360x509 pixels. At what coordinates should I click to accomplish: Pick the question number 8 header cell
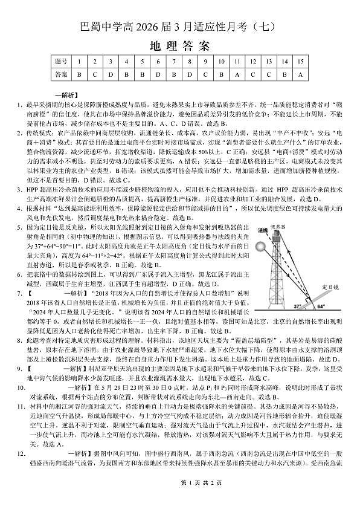[190, 62]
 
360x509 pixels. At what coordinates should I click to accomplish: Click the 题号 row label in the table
[60, 62]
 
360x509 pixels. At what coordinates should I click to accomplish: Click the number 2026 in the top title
[159, 27]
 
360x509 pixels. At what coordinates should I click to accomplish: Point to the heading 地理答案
[179, 46]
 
